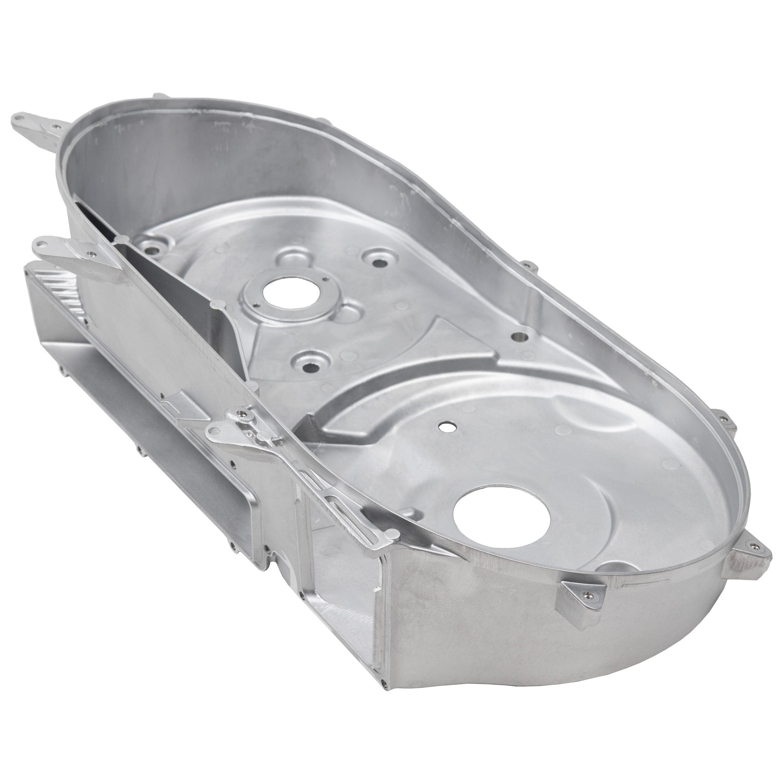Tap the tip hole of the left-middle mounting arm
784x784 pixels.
pos(40,244)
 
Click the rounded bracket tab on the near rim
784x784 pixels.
pos(216,433)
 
